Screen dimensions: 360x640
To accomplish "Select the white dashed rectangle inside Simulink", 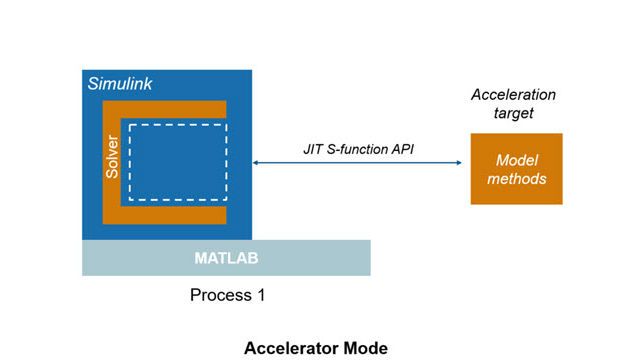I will tap(176, 161).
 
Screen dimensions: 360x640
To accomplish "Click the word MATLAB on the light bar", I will tap(226, 259).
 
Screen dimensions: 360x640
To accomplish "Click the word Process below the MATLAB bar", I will tap(220, 296).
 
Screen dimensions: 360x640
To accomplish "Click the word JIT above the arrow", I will tap(314, 148).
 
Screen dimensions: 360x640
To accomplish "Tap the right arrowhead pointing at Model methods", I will tap(463, 163).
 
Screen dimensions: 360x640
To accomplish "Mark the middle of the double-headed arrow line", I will tap(360, 163).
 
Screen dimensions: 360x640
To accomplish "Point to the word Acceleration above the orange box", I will tap(513, 95).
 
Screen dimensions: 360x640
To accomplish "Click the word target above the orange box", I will tap(513, 114).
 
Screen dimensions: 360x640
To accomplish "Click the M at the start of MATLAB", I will tap(200, 259).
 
